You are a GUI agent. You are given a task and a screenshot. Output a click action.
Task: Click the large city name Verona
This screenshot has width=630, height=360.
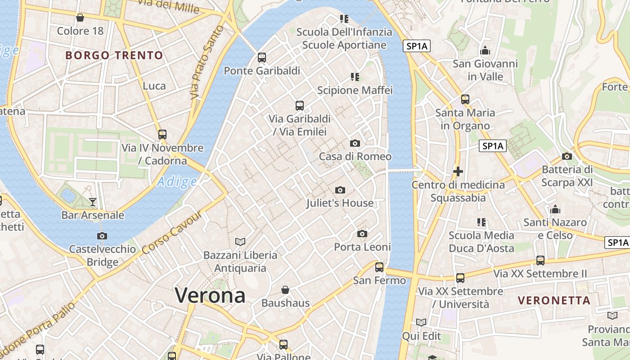coord(210,295)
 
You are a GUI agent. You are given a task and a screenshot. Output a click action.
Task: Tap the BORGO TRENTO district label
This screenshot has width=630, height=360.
coord(114,55)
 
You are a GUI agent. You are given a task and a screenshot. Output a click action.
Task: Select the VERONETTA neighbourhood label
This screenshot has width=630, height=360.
coord(554,300)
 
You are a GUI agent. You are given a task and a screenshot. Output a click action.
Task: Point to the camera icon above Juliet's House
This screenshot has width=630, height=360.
coord(340,190)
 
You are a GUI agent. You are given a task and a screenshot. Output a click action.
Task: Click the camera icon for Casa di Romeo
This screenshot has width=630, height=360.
coord(355,144)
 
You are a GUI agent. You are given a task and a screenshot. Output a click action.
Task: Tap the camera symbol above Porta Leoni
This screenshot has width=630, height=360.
coord(362,234)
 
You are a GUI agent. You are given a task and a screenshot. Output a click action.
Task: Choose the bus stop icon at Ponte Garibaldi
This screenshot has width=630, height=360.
coord(262,58)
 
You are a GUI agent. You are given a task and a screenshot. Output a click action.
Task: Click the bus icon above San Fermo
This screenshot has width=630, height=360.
coord(379,267)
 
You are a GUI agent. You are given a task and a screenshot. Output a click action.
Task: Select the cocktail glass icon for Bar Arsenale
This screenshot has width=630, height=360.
coord(93,202)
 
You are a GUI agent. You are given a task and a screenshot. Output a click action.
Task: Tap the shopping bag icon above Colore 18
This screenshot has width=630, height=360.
coord(80,18)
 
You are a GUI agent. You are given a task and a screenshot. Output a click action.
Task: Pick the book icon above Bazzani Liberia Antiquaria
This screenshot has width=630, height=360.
coord(240,242)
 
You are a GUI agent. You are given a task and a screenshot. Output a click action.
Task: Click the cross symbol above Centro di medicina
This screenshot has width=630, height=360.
coord(458,171)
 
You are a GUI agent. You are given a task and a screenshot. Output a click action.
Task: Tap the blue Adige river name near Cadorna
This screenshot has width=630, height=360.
coord(177,182)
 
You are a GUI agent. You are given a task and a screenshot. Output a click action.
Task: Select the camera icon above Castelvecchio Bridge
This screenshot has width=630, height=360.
coord(102,236)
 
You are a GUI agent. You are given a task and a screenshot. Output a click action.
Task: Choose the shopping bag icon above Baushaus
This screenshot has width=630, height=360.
coord(285,289)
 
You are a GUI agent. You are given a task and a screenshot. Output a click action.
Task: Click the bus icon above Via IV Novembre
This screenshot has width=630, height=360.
coord(162,134)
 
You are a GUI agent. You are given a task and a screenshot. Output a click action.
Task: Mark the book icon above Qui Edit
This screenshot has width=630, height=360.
coord(421,322)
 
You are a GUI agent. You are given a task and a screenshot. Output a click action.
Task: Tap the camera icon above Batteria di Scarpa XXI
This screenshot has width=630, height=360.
coord(567,157)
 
